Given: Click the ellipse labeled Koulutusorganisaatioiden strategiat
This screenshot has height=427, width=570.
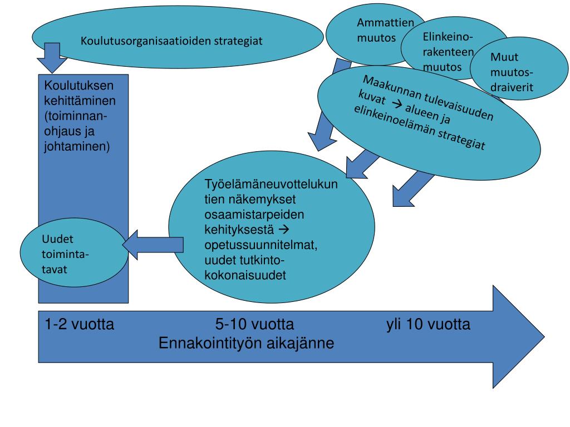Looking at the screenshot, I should click(173, 40).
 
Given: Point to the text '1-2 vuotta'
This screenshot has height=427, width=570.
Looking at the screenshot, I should click(80, 324).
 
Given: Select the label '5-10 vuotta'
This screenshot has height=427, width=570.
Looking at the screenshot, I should click(254, 324).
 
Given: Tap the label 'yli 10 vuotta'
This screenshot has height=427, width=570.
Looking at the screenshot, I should click(428, 324).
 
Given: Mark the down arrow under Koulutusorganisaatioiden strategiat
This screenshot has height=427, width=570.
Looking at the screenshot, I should click(52, 57).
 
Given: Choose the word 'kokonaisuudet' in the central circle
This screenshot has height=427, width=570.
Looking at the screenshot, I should click(245, 275).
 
